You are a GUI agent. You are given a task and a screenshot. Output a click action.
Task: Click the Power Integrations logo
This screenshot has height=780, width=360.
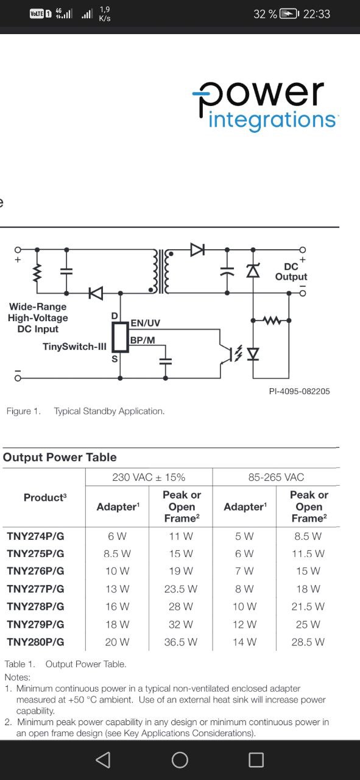point(264,106)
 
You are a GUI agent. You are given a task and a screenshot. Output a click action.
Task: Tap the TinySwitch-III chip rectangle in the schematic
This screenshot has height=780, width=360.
point(120,337)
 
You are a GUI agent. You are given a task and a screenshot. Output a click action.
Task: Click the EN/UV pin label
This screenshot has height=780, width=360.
point(145,323)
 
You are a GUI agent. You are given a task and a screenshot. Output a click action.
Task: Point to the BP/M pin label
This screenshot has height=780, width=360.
point(143,340)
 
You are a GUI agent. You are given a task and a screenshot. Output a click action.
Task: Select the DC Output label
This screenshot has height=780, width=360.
point(291,272)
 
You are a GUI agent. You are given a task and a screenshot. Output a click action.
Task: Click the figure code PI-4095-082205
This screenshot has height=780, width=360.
point(299,391)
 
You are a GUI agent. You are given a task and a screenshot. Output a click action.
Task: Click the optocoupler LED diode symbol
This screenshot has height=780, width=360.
point(253,354)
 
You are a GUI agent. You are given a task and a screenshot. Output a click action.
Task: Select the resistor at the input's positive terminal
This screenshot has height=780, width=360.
point(37,273)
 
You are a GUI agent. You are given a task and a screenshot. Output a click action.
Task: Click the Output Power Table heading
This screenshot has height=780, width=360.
point(60,457)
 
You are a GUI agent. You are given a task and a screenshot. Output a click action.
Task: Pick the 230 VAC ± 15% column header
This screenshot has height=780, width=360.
point(149,477)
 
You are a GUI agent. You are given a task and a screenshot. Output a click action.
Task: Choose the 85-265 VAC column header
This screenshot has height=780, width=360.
point(276,477)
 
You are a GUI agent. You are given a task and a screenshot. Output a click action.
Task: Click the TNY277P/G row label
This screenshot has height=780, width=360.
point(35,589)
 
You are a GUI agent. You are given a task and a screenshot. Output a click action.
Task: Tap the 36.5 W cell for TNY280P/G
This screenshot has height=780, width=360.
point(181,642)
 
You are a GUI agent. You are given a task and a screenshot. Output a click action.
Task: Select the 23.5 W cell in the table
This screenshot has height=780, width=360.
point(181,589)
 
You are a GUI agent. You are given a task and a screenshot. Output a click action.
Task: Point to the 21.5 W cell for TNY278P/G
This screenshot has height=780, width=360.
point(308,606)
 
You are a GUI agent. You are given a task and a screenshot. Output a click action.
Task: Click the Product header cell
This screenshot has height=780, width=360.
point(45,498)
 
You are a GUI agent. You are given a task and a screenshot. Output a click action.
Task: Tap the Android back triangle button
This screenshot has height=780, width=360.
point(103,759)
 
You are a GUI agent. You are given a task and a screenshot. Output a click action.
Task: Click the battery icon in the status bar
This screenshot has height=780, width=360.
point(289,14)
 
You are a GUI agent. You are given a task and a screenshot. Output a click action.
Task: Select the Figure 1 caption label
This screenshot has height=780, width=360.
point(23,411)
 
